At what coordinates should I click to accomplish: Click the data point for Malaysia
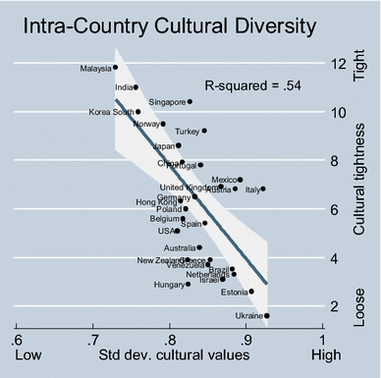pos(116,68)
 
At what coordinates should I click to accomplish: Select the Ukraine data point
pos(267,316)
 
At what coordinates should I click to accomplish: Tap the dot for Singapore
pos(190,101)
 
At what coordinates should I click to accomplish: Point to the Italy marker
pos(263,189)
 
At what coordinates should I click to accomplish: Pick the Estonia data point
pos(251,292)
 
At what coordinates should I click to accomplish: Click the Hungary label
pos(168,285)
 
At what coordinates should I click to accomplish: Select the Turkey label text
pos(187,131)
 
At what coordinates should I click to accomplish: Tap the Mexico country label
pos(225,180)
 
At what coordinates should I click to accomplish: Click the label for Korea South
pos(111,112)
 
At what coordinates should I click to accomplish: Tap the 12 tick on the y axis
pos(338,65)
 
